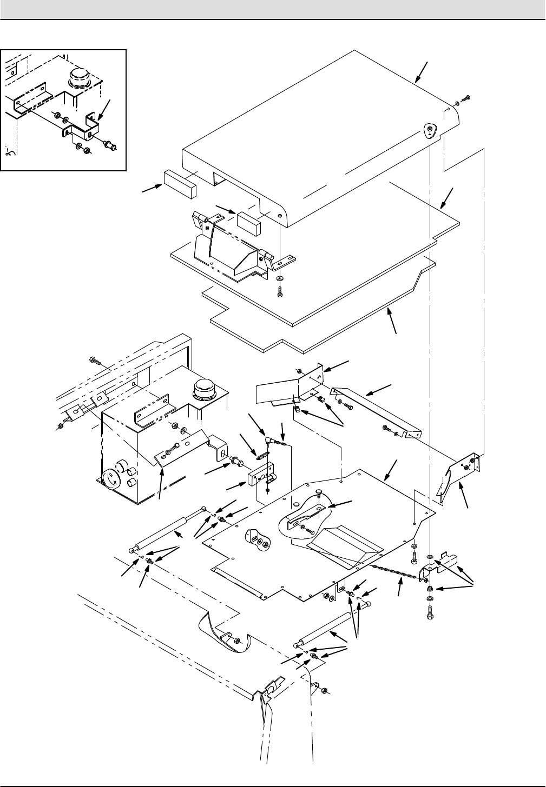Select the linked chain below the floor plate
click(x=395, y=572)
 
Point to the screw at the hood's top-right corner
click(x=467, y=97)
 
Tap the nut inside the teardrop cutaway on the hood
click(x=428, y=129)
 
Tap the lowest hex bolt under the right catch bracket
click(x=429, y=615)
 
